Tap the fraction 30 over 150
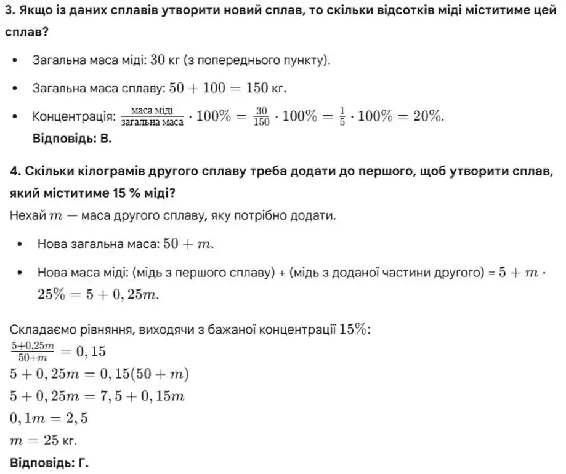261,116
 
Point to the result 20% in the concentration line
427,116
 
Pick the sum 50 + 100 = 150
219,88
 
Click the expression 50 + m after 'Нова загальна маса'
188,244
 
